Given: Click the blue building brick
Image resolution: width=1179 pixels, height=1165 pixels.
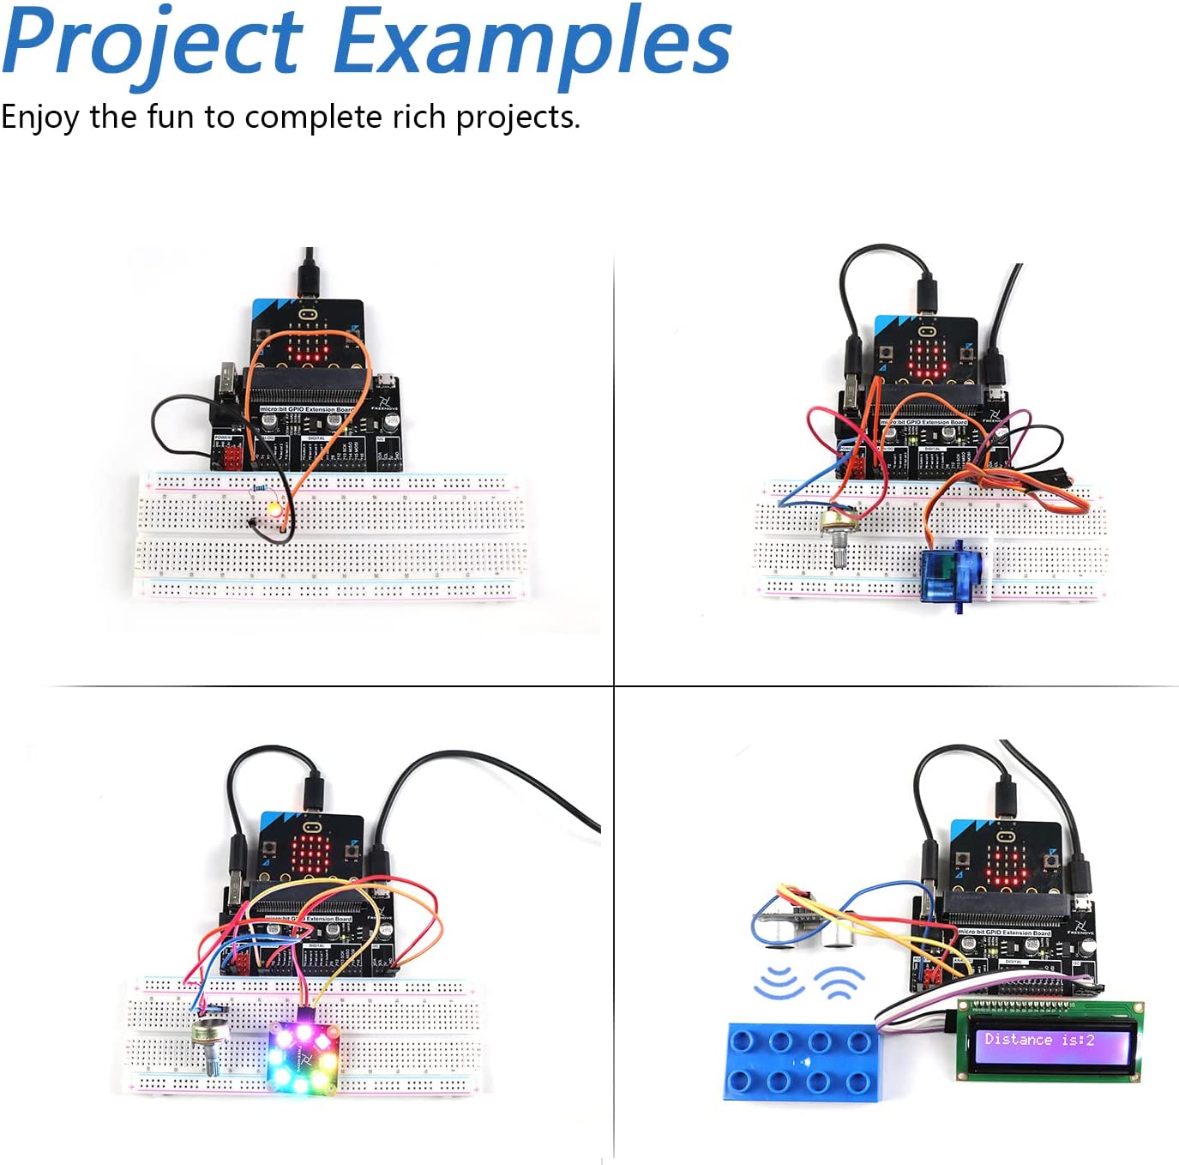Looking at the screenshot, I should point(800,1061).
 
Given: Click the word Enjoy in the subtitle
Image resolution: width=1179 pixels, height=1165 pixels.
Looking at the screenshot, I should point(39,117).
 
